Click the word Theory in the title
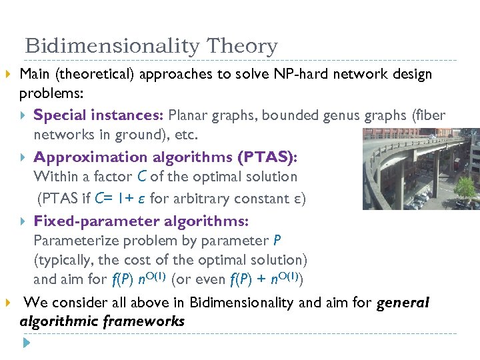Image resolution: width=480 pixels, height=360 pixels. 242,47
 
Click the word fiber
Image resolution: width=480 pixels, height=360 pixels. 431,115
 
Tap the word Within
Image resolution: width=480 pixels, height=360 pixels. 55,177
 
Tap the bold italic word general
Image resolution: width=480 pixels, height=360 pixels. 403,303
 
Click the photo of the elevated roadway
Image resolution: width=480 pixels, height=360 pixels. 421,169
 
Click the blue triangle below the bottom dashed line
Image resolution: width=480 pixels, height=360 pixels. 27,344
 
